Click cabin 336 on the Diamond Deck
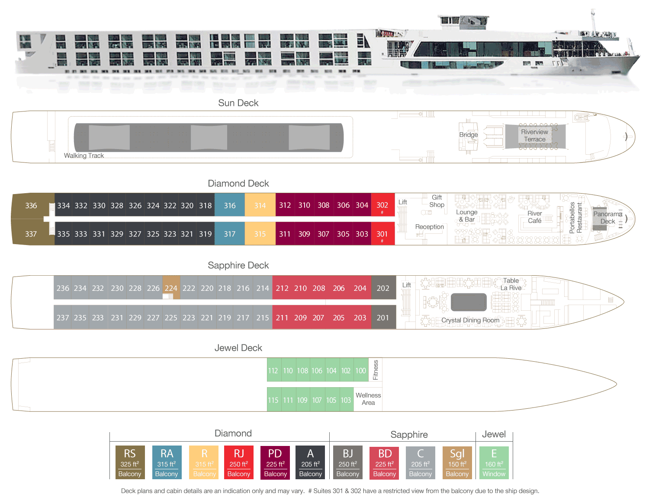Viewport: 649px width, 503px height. (31, 206)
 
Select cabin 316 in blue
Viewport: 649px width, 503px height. (230, 206)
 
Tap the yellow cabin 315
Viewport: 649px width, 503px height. (260, 234)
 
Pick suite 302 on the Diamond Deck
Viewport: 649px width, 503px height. (382, 205)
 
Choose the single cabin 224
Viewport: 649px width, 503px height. (171, 288)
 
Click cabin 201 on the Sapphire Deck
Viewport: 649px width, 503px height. (383, 318)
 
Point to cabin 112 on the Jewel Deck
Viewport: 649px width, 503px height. (273, 371)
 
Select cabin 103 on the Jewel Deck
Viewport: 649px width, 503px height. (346, 400)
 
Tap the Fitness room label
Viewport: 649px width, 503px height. (376, 370)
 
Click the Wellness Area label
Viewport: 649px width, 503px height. (368, 399)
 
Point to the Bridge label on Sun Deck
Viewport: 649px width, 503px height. (469, 135)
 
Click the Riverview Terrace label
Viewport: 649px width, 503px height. (535, 136)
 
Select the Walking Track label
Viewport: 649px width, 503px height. (84, 156)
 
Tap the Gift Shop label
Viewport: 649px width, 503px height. (437, 201)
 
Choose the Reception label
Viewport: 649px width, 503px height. (430, 227)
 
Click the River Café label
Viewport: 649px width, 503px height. (535, 217)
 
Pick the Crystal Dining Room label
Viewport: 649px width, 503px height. (470, 320)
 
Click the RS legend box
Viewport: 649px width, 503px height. (130, 462)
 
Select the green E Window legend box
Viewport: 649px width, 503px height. (494, 462)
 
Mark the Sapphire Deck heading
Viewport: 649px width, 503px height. (238, 265)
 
